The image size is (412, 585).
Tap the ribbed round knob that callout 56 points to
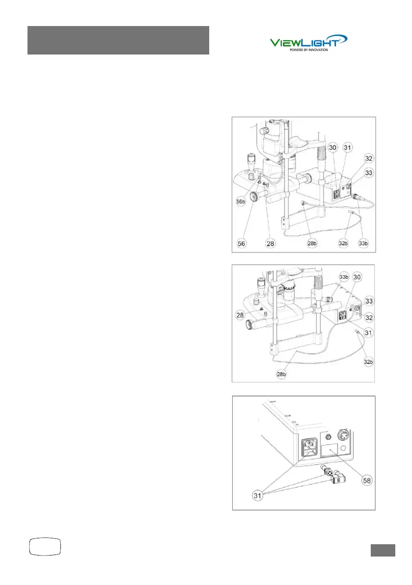[x=255, y=197]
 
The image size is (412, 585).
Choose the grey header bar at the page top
[x=118, y=40]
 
